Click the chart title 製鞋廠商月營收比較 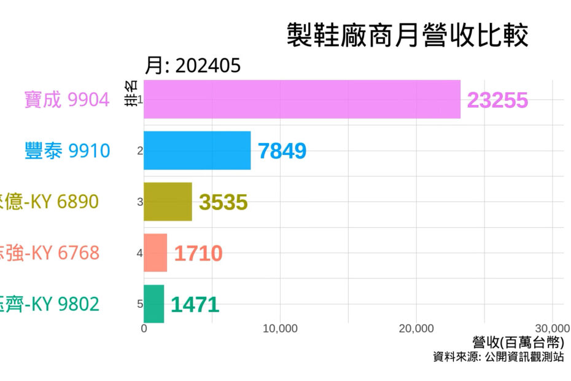[x=407, y=36]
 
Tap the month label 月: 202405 [x=193, y=66]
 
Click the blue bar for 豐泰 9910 [x=197, y=150]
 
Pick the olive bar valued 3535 [x=168, y=202]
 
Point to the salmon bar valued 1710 [x=155, y=253]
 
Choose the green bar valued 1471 [x=154, y=304]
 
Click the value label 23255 [x=497, y=100]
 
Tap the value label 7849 [x=282, y=151]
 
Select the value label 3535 [x=223, y=202]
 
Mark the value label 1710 [x=198, y=253]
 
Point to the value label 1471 [x=195, y=304]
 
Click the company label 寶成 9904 [x=67, y=100]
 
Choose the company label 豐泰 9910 [x=67, y=151]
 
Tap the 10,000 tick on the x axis [x=280, y=329]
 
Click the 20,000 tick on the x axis [x=416, y=329]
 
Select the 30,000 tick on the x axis [x=552, y=329]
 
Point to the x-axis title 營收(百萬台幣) [x=518, y=343]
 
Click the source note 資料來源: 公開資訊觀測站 [x=498, y=357]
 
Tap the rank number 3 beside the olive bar [x=140, y=202]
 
